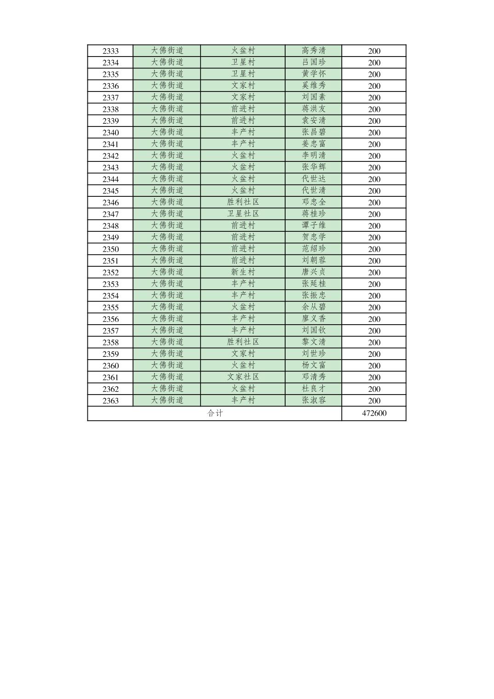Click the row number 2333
[x=110, y=51]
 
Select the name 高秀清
[x=314, y=51]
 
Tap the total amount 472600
[x=374, y=413]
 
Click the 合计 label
[x=215, y=413]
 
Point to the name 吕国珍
[x=314, y=62]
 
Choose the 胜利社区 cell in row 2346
[x=243, y=202]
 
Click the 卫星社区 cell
[x=243, y=213]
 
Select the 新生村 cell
[x=243, y=272]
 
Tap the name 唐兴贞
[x=314, y=272]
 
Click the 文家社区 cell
[x=243, y=377]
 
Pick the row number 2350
[x=110, y=249]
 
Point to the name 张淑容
[x=314, y=400]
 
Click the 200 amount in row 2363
[x=374, y=401]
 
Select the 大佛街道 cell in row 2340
[x=167, y=132]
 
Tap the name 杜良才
[x=314, y=389]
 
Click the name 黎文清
[x=314, y=342]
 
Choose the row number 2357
[x=110, y=331]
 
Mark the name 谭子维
[x=314, y=225]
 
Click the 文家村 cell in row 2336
[x=243, y=86]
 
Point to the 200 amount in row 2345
[x=374, y=191]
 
